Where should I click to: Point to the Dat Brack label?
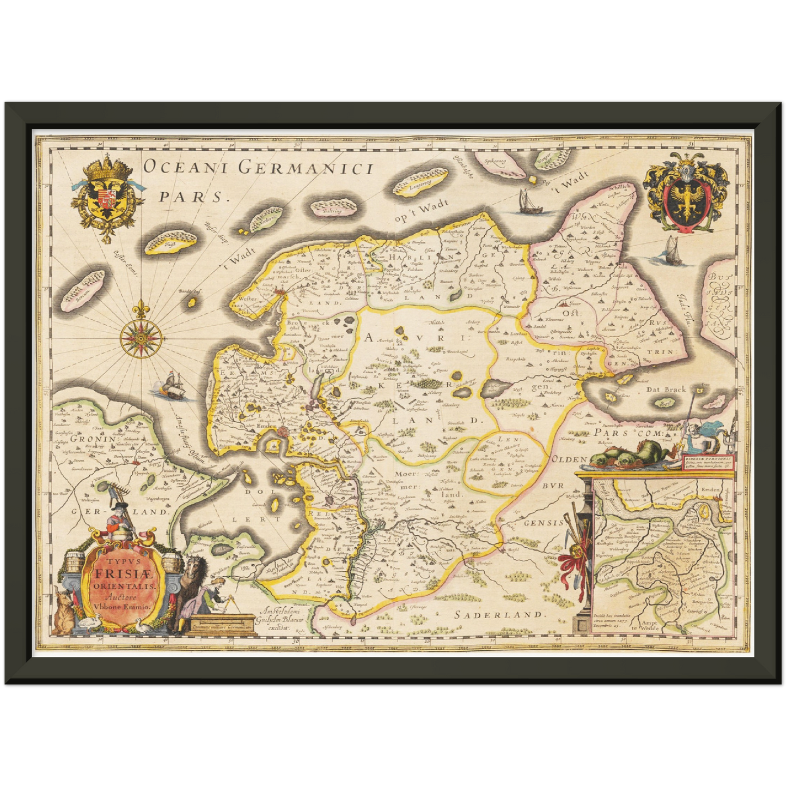click(x=666, y=389)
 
